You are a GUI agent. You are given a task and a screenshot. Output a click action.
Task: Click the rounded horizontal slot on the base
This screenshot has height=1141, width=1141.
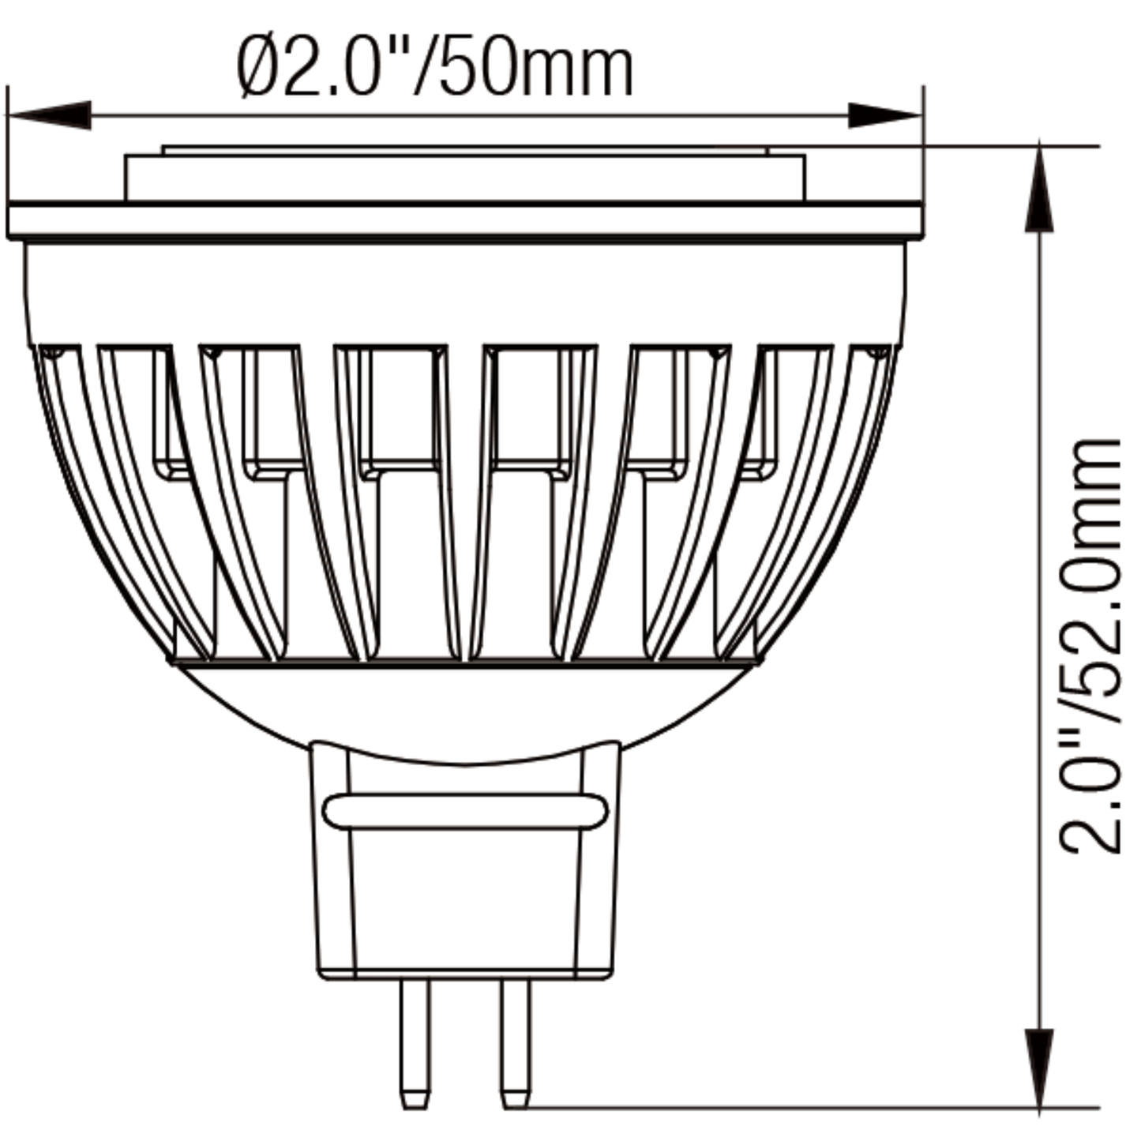tap(466, 811)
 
